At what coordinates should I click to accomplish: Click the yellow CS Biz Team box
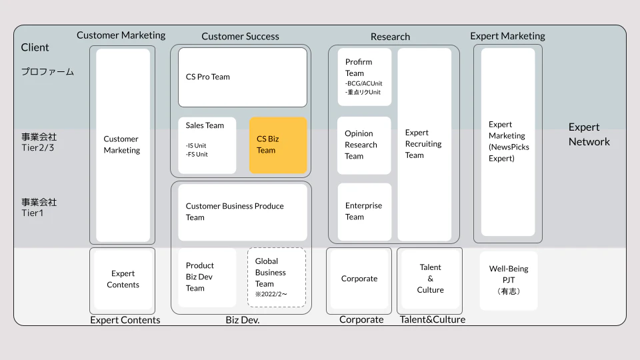tap(278, 145)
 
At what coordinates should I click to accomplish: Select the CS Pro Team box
tap(243, 77)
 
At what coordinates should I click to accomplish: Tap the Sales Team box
tap(207, 145)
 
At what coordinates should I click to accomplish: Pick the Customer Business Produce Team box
tap(243, 212)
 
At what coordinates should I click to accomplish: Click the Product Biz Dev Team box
tap(207, 277)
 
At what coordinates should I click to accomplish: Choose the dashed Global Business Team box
tap(276, 277)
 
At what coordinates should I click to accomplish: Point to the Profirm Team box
tap(365, 77)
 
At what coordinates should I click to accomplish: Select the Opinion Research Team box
tap(364, 145)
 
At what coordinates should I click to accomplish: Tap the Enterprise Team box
tap(365, 211)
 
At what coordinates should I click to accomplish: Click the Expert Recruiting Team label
tap(423, 144)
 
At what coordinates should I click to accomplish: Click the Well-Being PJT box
tap(509, 281)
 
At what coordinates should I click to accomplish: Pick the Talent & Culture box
tap(430, 279)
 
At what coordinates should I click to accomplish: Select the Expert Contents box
tap(123, 279)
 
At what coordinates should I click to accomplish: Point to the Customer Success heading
tap(241, 36)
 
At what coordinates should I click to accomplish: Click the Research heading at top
tap(390, 37)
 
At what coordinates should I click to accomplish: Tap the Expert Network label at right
tap(589, 134)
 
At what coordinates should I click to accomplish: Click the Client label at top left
tap(35, 47)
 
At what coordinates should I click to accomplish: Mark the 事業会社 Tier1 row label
tap(39, 207)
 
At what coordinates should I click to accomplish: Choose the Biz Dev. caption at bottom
tap(243, 319)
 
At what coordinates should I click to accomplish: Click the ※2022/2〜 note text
tap(271, 294)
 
